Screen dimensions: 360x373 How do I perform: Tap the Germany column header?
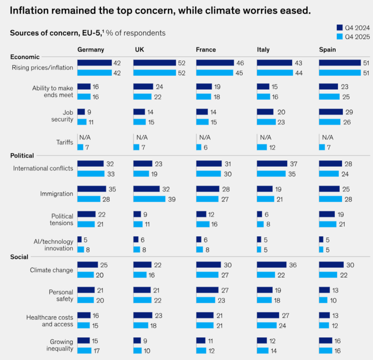coord(91,50)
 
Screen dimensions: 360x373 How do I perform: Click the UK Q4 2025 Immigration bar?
coord(149,199)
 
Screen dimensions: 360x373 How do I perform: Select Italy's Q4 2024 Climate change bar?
coord(272,265)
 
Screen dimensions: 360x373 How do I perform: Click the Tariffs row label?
coord(65,142)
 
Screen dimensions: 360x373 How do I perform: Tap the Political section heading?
coord(22,155)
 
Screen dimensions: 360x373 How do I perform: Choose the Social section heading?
coord(19,257)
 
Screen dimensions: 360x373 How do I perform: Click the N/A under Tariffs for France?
coord(205,138)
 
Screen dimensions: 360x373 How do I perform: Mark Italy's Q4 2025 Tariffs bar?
coord(262,147)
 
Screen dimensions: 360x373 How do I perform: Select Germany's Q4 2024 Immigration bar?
coord(91,189)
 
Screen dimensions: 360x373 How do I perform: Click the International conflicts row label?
coord(43,168)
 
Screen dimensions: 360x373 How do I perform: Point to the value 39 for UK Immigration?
coord(172,199)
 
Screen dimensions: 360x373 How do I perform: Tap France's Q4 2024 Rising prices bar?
coord(215,63)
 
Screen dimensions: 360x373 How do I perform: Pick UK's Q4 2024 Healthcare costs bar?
coord(142,315)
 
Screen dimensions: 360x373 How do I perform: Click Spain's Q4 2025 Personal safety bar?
coord(323,300)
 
